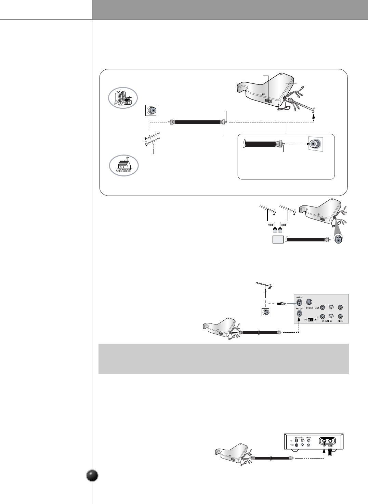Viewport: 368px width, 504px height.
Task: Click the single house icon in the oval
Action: (124, 166)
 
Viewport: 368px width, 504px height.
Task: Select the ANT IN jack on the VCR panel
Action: (299, 302)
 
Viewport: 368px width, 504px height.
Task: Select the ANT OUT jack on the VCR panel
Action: (299, 313)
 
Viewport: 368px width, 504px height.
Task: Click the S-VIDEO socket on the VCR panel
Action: (309, 302)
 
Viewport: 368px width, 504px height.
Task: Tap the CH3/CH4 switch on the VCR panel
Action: (310, 320)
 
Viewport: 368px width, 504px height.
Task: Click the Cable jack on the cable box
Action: (330, 441)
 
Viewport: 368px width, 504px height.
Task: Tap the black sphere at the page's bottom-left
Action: (92, 476)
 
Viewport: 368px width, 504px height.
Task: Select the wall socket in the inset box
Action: (315, 143)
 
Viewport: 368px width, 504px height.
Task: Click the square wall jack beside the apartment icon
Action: (151, 111)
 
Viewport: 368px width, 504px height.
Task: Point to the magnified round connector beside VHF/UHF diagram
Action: (338, 240)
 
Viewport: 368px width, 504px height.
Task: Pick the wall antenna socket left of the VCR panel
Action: (265, 312)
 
